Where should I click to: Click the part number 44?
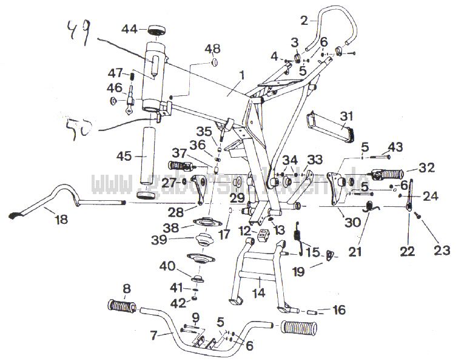pyautogui.click(x=129, y=29)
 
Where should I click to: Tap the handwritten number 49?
pyautogui.click(x=78, y=31)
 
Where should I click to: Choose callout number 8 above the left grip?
pyautogui.click(x=126, y=289)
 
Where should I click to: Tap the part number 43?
pyautogui.click(x=395, y=146)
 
